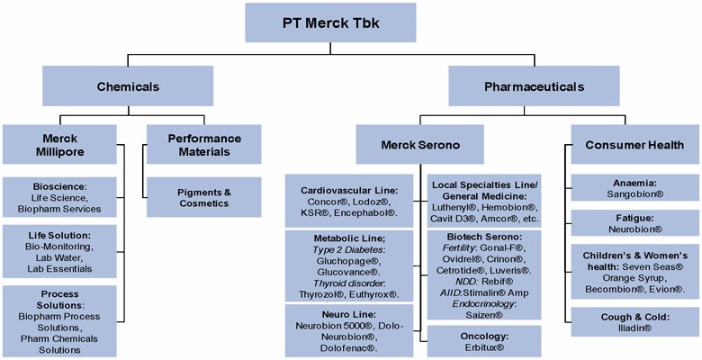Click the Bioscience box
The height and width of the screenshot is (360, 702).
60,195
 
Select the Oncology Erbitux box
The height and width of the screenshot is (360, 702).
483,340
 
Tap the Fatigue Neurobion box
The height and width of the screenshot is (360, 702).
635,223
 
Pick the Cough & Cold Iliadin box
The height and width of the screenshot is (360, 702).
635,322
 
